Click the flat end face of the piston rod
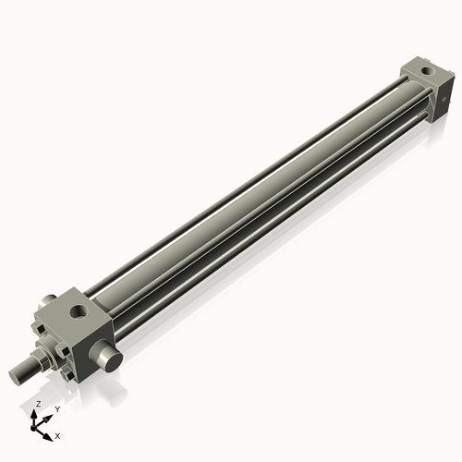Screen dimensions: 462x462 pyautogui.click(x=15, y=373)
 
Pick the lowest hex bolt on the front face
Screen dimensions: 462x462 pyautogui.click(x=70, y=373)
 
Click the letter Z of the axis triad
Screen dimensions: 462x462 pyautogui.click(x=37, y=405)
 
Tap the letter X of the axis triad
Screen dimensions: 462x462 pyautogui.click(x=57, y=434)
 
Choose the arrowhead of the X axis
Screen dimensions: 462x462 pyautogui.click(x=49, y=432)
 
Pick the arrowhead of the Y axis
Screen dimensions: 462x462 pyautogui.click(x=47, y=417)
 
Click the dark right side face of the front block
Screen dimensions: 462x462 pyautogui.click(x=100, y=336)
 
